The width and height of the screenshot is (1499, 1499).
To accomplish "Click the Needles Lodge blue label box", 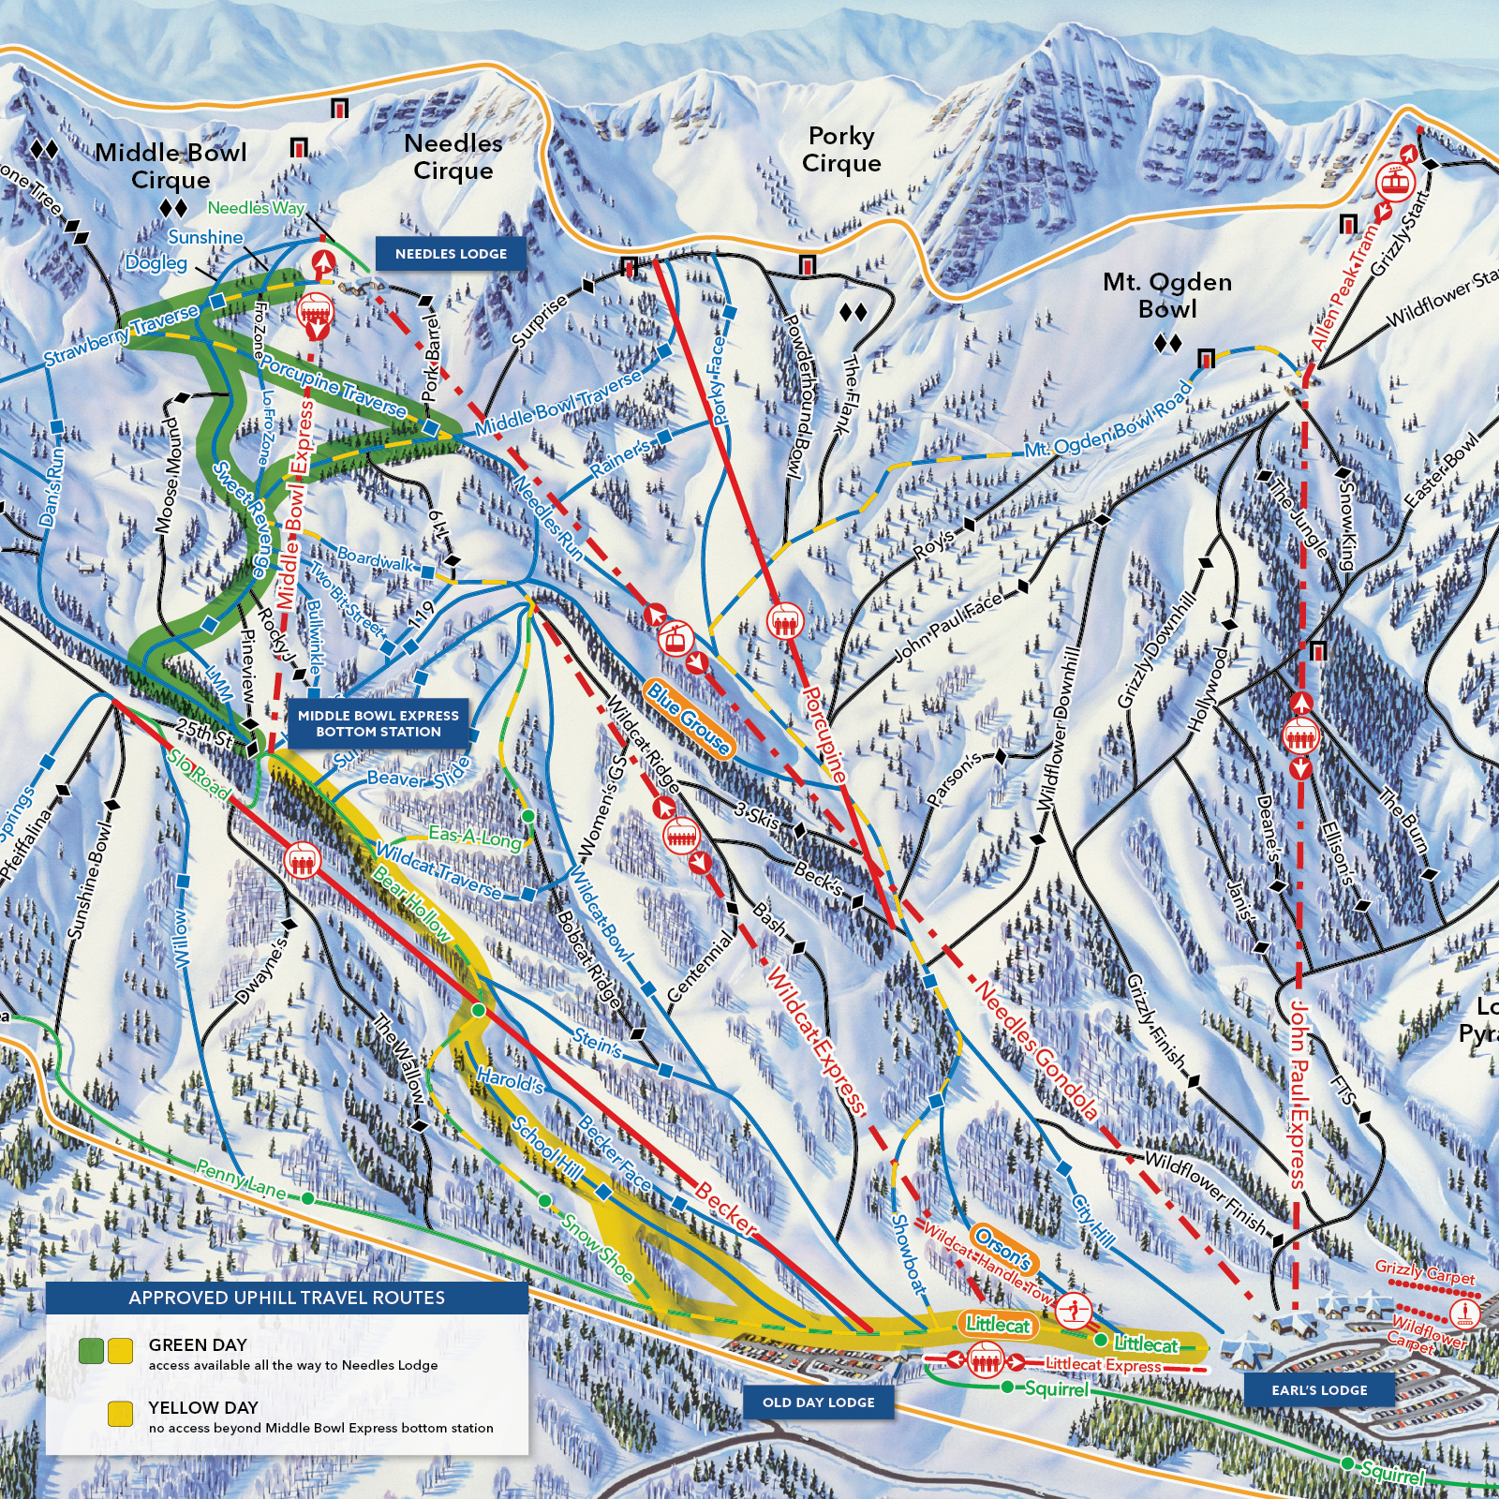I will (x=451, y=254).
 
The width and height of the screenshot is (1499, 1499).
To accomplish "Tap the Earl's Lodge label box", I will (x=1319, y=1390).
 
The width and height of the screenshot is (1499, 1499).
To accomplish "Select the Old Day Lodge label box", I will (x=818, y=1403).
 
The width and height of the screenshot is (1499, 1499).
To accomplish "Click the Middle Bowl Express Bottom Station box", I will (x=378, y=723).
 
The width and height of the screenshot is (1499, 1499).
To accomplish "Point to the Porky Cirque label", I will (x=841, y=150).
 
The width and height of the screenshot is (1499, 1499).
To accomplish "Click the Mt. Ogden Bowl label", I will (x=1166, y=295).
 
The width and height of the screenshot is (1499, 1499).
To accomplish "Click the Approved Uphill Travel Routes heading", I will (x=287, y=1298).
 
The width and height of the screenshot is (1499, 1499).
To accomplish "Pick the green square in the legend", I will (x=91, y=1351).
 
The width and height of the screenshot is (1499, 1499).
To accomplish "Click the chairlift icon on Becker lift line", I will (x=302, y=860).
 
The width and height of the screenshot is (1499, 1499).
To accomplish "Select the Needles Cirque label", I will (x=453, y=156).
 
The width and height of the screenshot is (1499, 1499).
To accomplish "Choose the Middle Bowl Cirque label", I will (x=171, y=166).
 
